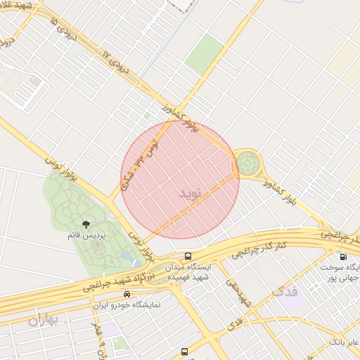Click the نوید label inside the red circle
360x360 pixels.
(190, 193)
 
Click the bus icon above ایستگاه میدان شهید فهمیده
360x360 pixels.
(188, 256)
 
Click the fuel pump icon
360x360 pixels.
(342, 257)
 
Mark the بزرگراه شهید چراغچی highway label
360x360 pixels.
(112, 280)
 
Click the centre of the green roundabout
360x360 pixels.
(247, 165)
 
